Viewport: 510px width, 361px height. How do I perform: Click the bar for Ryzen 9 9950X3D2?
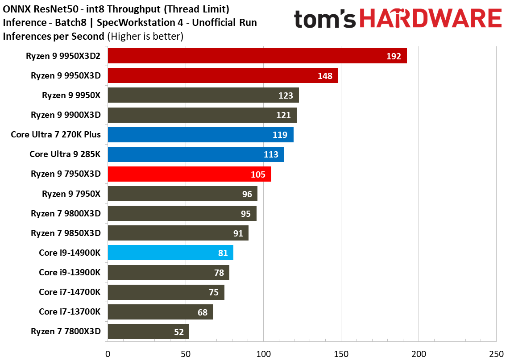[257, 56]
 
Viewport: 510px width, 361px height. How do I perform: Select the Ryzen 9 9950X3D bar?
[223, 75]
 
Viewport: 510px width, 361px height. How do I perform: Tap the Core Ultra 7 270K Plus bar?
[201, 135]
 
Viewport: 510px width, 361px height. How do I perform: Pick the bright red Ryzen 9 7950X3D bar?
[190, 174]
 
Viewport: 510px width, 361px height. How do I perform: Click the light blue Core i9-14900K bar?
[171, 253]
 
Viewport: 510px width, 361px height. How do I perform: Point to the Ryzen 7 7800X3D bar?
[149, 332]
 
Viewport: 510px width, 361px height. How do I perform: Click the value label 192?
[394, 56]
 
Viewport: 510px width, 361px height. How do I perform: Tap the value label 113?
[271, 154]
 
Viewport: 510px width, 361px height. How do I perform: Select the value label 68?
[203, 312]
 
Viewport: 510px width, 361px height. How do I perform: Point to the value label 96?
[247, 194]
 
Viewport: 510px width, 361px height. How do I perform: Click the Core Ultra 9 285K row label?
[65, 154]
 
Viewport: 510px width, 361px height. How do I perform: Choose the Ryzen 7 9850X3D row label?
[66, 233]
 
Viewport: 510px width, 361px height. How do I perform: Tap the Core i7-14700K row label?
[70, 292]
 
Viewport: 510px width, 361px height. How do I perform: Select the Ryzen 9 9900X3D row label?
[66, 115]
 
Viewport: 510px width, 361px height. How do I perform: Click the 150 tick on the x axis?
[341, 354]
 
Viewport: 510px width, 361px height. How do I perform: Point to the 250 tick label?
[496, 354]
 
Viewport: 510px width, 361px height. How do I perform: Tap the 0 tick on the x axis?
[108, 354]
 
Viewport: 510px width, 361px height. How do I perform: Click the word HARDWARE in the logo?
[430, 18]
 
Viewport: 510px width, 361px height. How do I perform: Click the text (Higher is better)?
[145, 37]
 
